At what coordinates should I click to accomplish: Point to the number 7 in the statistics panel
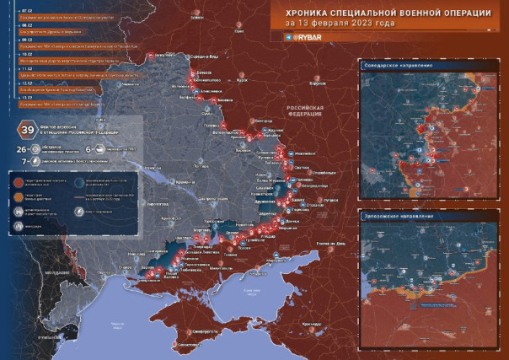pos(24,159)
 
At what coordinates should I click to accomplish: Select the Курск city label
pos(244,83)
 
